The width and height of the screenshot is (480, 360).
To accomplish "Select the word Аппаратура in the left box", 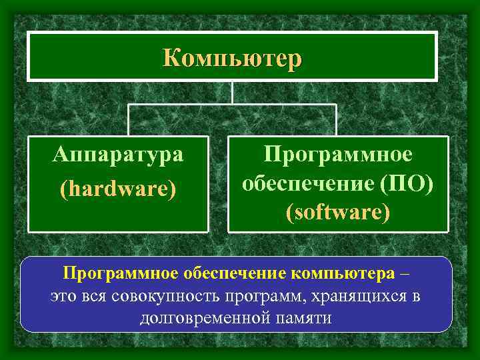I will click(119, 155).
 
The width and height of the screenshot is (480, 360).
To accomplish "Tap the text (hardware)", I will click(119, 189).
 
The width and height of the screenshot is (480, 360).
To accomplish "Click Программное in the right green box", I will click(338, 154).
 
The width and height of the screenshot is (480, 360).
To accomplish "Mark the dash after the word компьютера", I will click(407, 273).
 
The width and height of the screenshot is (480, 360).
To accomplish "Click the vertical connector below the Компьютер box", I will click(231, 92).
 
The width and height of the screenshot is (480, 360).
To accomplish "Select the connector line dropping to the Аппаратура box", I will click(128, 120).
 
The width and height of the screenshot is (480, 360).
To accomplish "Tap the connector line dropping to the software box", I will click(336, 120).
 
